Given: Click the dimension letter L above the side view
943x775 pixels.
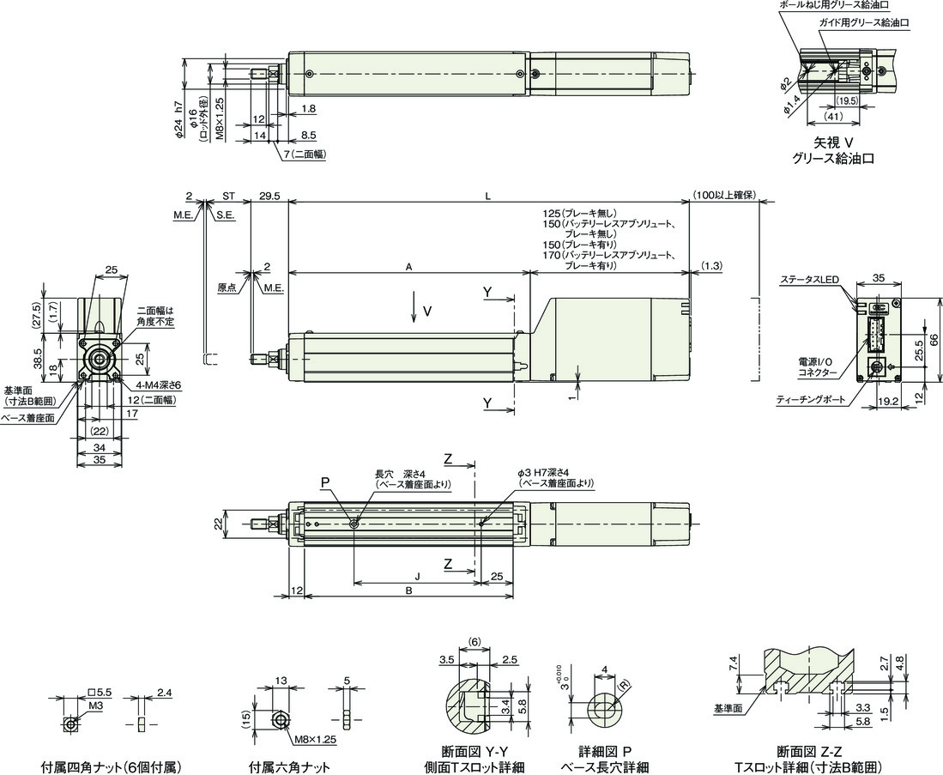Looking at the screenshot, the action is (x=488, y=197).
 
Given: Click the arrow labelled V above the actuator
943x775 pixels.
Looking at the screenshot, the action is (x=414, y=307).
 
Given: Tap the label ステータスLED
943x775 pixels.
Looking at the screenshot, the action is (x=809, y=281).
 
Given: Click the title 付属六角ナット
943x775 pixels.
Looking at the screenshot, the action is (x=289, y=767).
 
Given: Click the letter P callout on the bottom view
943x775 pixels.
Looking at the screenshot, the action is (x=325, y=481).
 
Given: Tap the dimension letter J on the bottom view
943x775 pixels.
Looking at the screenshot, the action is (x=417, y=577).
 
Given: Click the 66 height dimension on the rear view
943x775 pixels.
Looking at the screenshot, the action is (x=934, y=340).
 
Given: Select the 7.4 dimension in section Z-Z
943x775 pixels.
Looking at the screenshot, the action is (x=733, y=665).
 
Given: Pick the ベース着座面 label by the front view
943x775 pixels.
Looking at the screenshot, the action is (x=27, y=417).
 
